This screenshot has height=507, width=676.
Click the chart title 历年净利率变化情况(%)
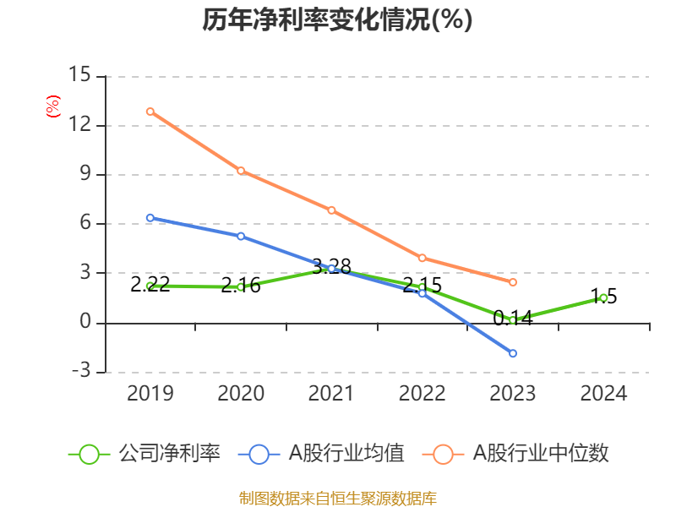[337, 20]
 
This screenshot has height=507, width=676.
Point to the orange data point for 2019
[150, 112]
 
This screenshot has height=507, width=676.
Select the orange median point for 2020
[241, 171]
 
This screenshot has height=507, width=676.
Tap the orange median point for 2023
[513, 282]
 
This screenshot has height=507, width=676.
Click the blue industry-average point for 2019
[150, 218]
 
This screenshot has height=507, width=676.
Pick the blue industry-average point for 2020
[241, 236]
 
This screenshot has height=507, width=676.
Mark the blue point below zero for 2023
[513, 353]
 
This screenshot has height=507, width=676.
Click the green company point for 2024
[603, 297]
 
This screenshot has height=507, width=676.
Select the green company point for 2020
[241, 286]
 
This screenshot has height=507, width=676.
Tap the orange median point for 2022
[422, 258]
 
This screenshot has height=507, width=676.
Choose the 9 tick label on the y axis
[84, 175]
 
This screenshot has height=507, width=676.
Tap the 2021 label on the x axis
[331, 394]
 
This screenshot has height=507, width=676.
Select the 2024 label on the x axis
[603, 394]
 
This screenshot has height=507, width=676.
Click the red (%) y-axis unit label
[52, 107]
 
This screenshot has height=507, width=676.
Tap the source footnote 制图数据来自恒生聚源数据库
[337, 498]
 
